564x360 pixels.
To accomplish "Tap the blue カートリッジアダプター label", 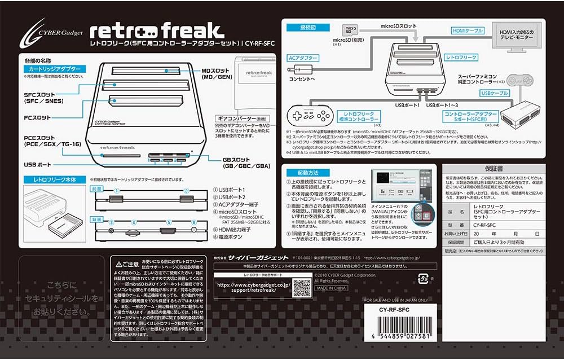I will tap(55, 69).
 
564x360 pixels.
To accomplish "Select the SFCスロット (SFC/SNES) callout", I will tap(43, 97).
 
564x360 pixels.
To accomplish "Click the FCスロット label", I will tap(37, 118).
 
